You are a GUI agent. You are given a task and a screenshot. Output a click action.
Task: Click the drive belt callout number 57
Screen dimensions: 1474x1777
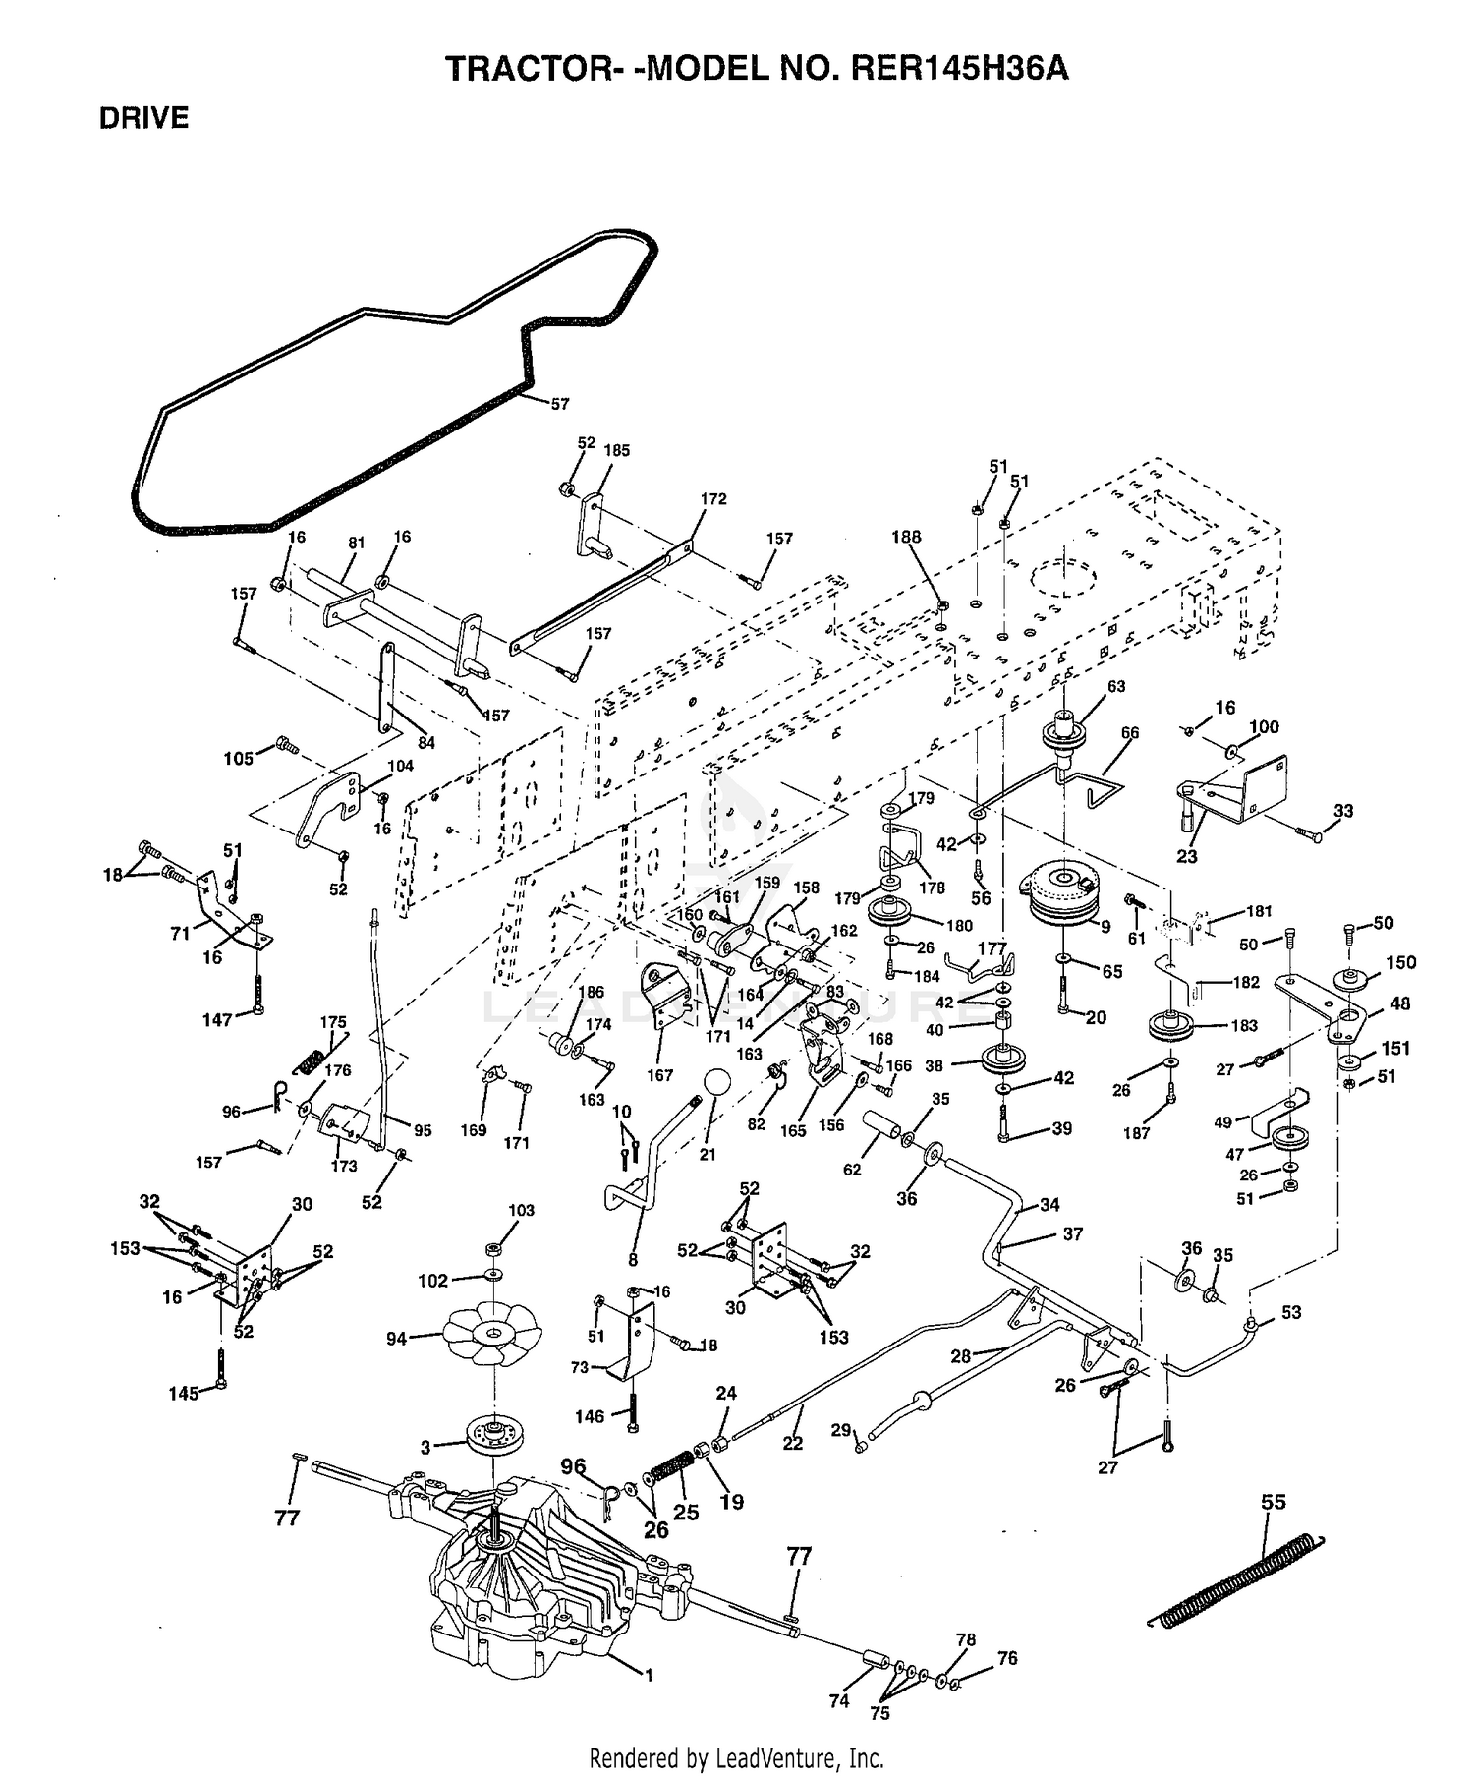[560, 404]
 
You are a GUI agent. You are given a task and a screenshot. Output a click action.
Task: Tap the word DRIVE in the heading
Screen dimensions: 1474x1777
[143, 118]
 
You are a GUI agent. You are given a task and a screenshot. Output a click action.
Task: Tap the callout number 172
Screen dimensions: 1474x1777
[713, 499]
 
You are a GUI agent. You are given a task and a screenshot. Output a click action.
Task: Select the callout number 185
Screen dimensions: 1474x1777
[617, 451]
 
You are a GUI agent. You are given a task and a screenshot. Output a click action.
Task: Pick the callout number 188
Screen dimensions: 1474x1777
[906, 537]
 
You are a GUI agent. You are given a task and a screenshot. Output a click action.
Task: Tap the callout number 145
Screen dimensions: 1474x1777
[184, 1394]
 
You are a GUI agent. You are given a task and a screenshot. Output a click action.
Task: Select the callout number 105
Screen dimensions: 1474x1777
[239, 759]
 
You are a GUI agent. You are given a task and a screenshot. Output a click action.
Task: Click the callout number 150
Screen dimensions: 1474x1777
[1401, 962]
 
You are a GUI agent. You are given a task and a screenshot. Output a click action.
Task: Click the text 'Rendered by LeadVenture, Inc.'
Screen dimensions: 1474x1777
[736, 1757]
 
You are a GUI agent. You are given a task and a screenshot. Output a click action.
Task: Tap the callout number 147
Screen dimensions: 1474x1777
[217, 1020]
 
